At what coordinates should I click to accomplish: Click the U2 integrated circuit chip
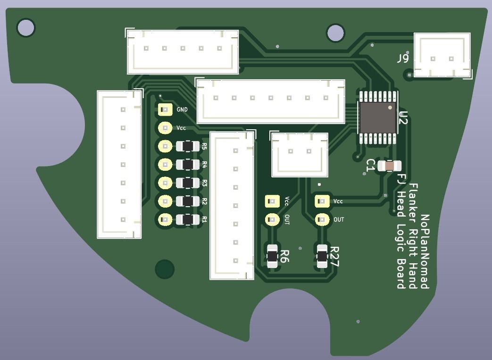click(378, 117)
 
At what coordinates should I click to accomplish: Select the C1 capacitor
click(389, 166)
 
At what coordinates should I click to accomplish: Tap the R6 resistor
click(272, 256)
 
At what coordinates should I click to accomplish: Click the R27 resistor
click(322, 256)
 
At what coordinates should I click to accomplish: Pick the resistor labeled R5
click(188, 146)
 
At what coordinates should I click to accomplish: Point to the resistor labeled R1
click(188, 219)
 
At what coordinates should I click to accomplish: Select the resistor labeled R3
click(188, 183)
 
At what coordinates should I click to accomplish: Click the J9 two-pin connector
click(442, 55)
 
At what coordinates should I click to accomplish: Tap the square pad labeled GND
click(165, 109)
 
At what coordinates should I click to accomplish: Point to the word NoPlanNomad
click(425, 251)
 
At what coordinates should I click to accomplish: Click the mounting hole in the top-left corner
click(26, 28)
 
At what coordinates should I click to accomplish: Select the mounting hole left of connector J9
click(335, 33)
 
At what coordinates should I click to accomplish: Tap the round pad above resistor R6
click(272, 219)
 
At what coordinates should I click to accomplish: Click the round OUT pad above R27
click(322, 219)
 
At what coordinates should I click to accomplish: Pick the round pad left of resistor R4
click(165, 165)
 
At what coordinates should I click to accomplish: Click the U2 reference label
click(403, 117)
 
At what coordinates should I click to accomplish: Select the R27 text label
click(334, 257)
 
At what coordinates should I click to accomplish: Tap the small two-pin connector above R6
click(300, 154)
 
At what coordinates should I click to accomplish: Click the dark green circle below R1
click(165, 269)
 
